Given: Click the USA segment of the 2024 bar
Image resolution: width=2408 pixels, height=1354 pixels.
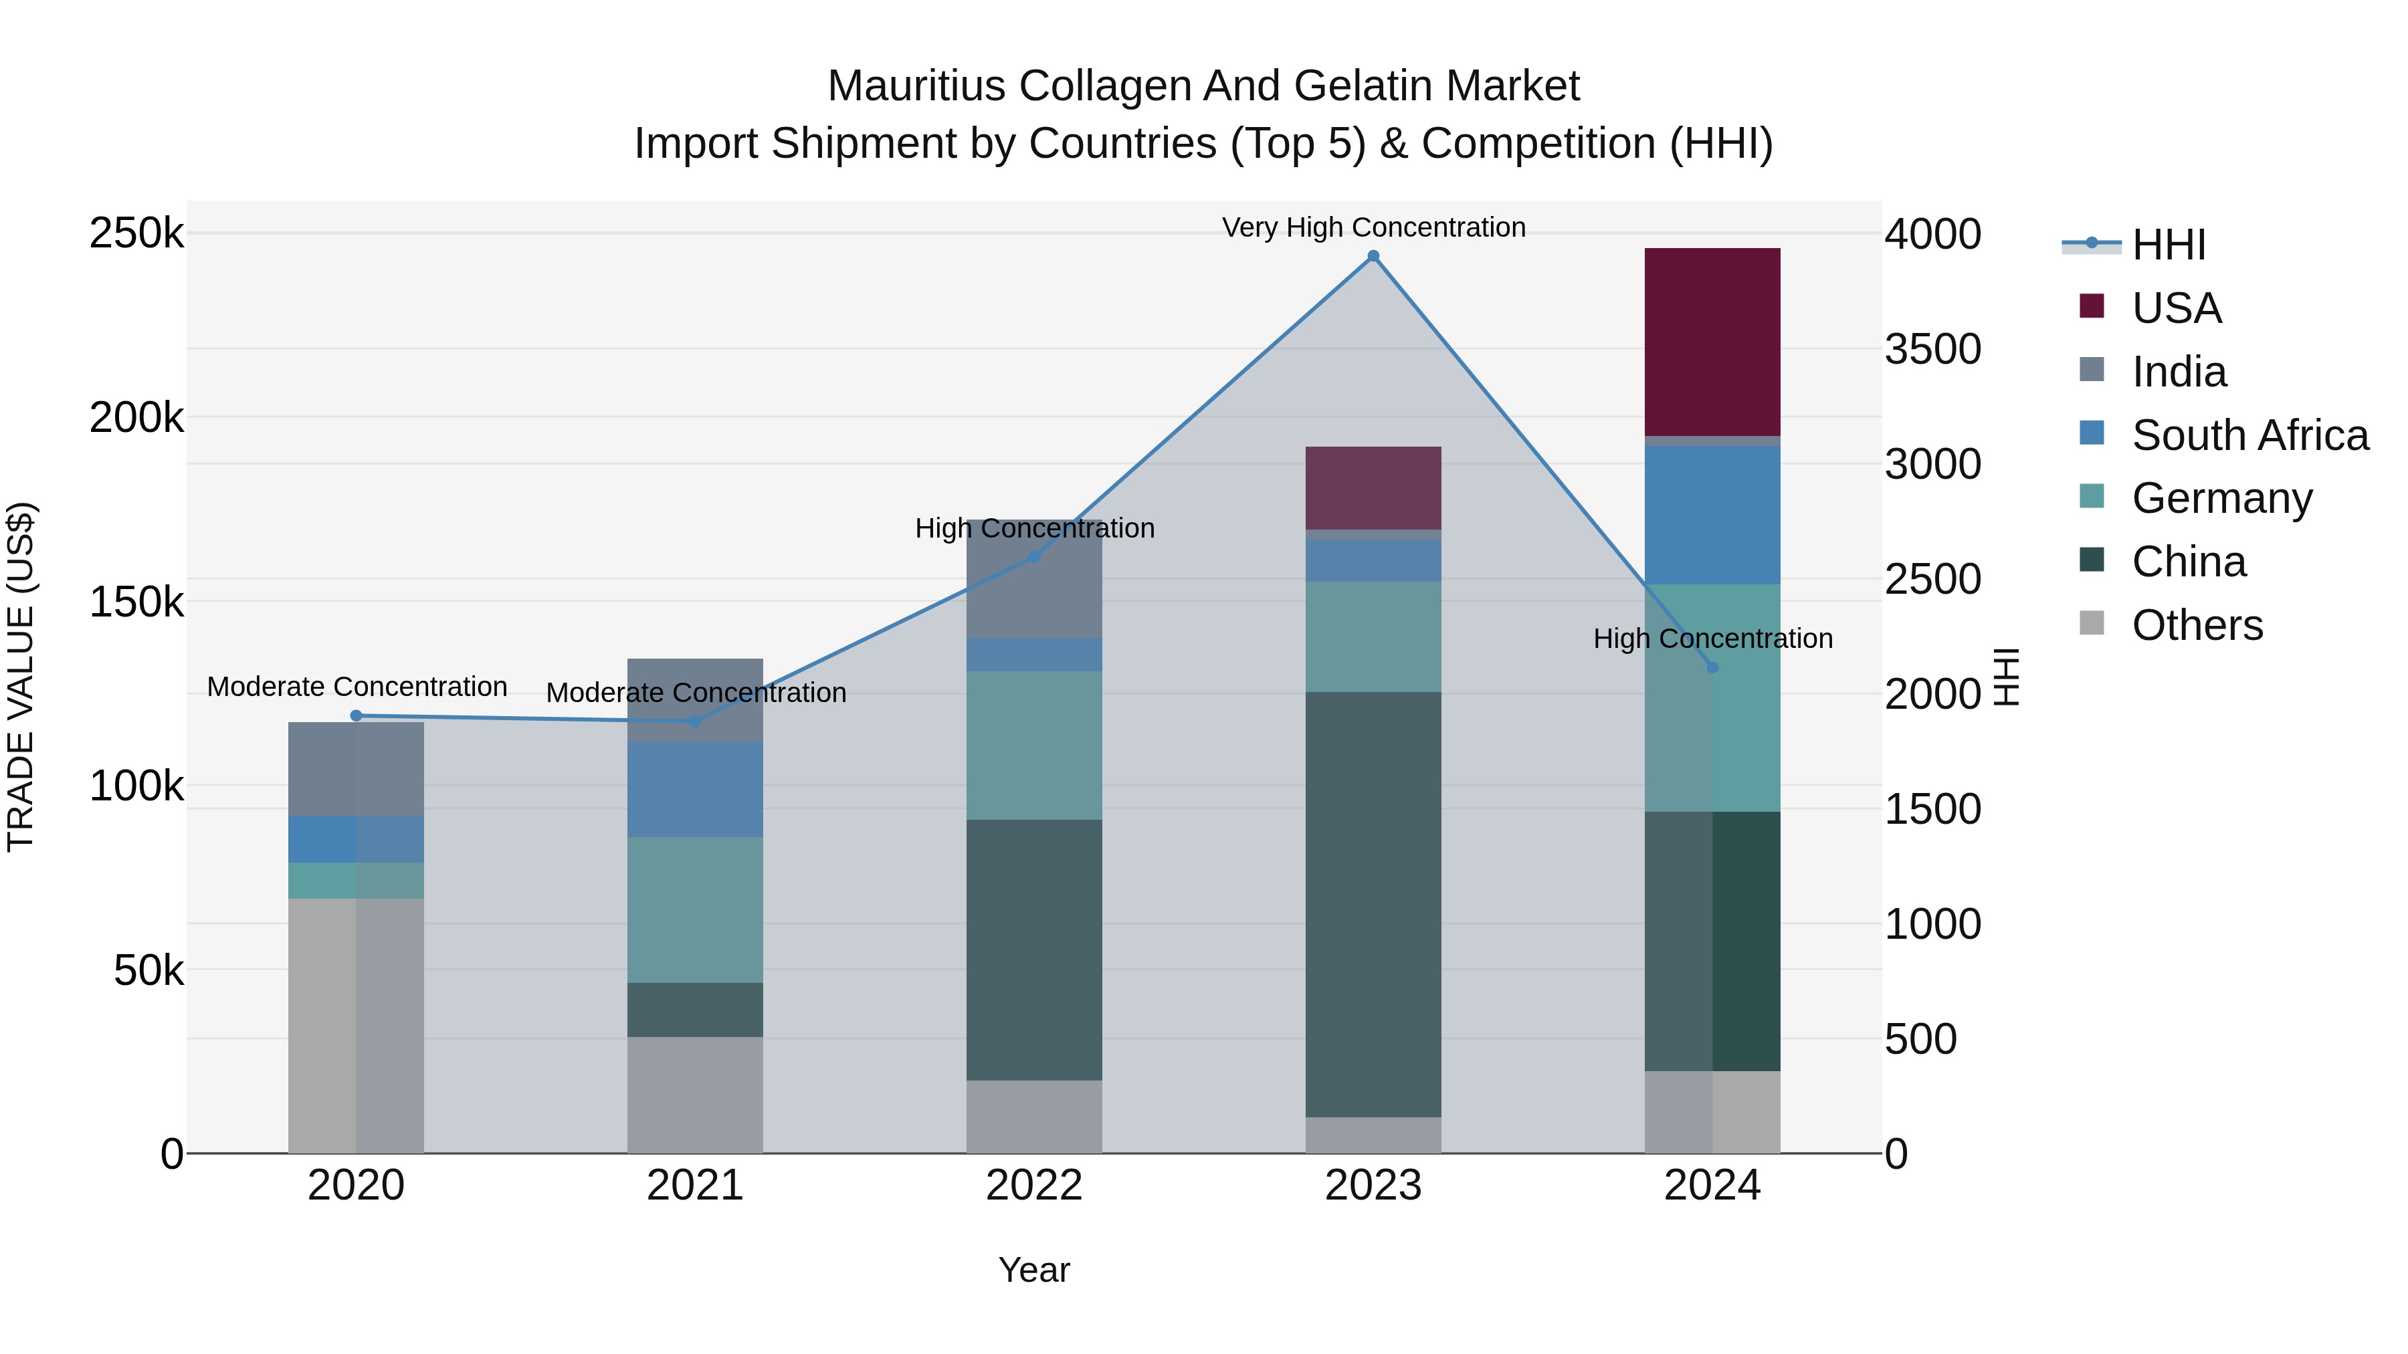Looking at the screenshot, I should pyautogui.click(x=1712, y=342).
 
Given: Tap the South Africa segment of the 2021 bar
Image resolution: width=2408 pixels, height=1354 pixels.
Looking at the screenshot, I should pyautogui.click(x=694, y=790).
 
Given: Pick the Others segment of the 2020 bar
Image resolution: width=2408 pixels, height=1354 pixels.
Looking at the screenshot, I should pyautogui.click(x=355, y=1025).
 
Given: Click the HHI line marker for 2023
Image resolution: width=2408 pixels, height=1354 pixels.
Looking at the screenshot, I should pyautogui.click(x=1373, y=256).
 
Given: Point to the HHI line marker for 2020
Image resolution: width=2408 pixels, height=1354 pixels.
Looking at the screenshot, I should pyautogui.click(x=355, y=715).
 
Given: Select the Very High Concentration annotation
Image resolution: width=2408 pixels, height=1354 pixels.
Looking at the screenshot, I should pyautogui.click(x=1373, y=228).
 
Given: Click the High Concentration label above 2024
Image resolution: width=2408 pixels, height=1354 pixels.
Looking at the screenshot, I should pyautogui.click(x=1712, y=639).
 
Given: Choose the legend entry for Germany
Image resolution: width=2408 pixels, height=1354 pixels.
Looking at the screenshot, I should pyautogui.click(x=2221, y=498).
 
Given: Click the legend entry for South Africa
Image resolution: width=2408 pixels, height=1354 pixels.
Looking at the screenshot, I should pyautogui.click(x=2249, y=435).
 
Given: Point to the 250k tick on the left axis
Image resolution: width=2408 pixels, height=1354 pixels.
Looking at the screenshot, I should pyautogui.click(x=136, y=233).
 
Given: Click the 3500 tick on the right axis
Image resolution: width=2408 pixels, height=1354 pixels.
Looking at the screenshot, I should pyautogui.click(x=1931, y=350).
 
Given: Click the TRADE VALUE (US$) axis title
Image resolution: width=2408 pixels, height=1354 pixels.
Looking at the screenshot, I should pyautogui.click(x=21, y=677).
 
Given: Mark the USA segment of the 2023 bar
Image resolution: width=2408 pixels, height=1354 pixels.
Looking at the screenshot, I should pyautogui.click(x=1373, y=488).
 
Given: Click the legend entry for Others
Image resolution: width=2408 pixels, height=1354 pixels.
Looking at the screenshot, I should pyautogui.click(x=2196, y=625).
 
